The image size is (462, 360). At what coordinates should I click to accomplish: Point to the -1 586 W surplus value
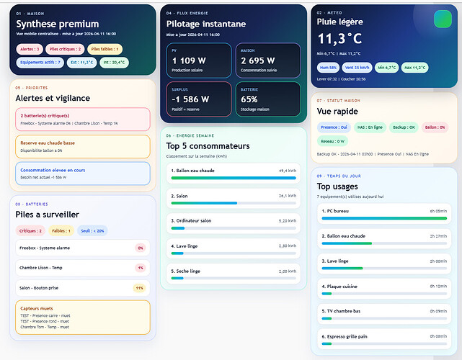[190, 99]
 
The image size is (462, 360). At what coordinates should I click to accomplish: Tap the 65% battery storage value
[249, 99]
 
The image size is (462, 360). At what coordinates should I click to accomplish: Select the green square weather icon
[442, 19]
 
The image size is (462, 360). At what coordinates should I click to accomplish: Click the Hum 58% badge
[329, 68]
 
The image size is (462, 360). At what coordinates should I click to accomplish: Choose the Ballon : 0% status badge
[435, 127]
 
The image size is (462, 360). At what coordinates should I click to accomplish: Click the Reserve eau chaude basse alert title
[48, 143]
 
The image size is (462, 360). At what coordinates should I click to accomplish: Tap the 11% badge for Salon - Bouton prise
[139, 288]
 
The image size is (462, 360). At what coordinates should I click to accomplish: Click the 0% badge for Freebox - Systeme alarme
[140, 248]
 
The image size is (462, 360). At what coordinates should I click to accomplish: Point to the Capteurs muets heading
[37, 308]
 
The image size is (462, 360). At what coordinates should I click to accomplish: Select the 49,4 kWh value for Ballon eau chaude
[287, 171]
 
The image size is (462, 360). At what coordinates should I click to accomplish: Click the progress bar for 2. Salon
[234, 203]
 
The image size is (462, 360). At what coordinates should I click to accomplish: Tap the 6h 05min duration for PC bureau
[438, 211]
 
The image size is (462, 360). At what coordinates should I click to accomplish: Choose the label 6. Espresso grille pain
[346, 336]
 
